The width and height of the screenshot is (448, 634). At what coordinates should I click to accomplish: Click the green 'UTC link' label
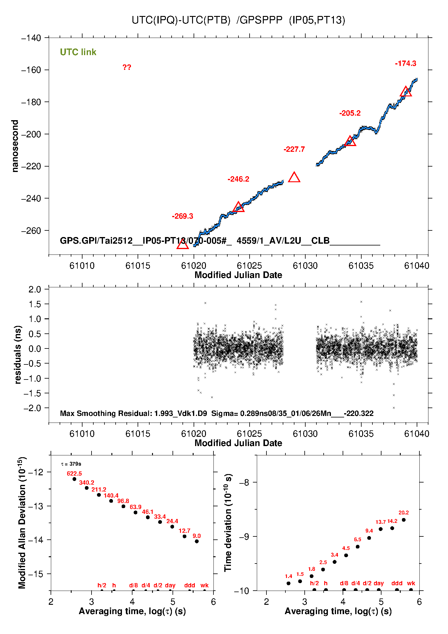(x=78, y=52)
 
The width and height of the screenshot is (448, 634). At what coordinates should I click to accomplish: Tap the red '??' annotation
(x=127, y=67)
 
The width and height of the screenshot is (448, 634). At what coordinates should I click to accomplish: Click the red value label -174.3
(x=406, y=64)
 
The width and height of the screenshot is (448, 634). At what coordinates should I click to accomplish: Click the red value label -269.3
(x=182, y=216)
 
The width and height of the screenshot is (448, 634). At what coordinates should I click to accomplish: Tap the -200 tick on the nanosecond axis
(x=31, y=134)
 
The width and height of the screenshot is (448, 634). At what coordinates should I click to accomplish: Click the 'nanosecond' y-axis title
(x=15, y=146)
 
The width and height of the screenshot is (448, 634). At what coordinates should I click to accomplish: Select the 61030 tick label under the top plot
(x=305, y=266)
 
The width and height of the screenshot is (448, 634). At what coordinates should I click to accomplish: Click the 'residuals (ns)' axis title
(x=18, y=354)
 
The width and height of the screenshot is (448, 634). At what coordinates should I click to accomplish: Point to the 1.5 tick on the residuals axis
(x=35, y=304)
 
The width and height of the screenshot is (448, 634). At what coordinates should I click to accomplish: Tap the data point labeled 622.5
(x=74, y=479)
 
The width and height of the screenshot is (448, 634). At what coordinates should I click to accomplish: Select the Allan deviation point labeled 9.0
(x=197, y=541)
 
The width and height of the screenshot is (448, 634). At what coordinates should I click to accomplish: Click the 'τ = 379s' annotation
(x=71, y=464)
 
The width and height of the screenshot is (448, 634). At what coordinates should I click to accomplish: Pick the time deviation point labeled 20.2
(x=404, y=520)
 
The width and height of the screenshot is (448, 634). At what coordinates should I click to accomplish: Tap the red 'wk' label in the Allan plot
(x=204, y=585)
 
